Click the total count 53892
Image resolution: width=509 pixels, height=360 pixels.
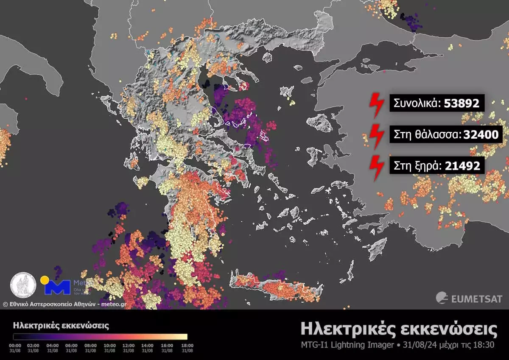click(461, 103)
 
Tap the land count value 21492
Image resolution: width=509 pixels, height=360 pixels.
click(462, 166)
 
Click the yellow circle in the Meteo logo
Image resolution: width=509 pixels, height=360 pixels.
click(44, 280)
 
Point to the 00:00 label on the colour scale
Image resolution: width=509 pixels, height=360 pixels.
click(15, 346)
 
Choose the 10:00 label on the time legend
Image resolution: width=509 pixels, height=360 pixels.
click(109, 346)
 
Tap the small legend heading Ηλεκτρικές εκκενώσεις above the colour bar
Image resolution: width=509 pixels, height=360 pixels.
click(61, 326)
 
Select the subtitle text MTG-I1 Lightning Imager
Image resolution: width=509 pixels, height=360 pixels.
click(347, 345)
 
